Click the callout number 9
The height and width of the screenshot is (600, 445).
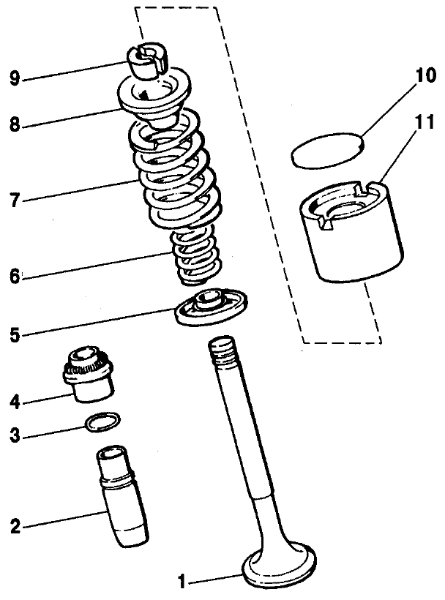click(15, 78)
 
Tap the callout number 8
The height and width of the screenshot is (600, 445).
click(15, 125)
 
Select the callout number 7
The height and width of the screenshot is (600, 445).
click(15, 198)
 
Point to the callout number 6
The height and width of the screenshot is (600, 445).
click(15, 277)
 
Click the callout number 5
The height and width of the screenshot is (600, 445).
click(15, 336)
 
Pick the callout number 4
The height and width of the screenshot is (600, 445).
click(15, 402)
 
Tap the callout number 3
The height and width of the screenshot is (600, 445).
click(15, 437)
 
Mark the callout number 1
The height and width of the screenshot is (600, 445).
click(183, 582)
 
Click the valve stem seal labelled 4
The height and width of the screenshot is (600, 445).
click(89, 373)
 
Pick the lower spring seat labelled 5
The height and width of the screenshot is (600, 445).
click(212, 307)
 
